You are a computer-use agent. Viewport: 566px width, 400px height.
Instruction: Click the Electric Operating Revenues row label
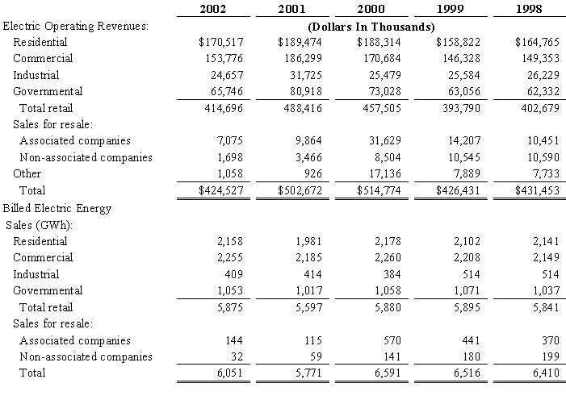[x=76, y=25]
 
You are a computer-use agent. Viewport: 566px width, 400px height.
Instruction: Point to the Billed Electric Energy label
[x=57, y=208]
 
